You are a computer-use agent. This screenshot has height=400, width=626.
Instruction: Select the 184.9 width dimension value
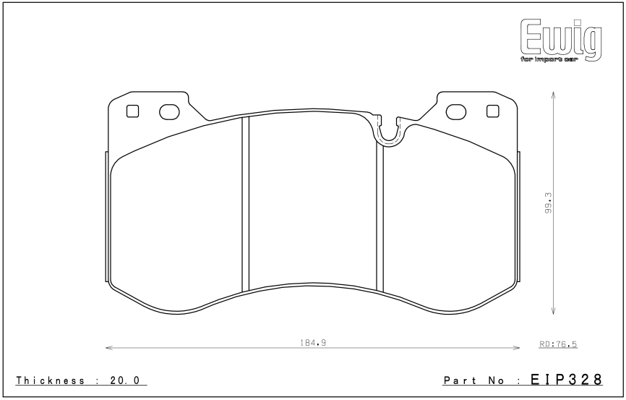pyautogui.click(x=313, y=342)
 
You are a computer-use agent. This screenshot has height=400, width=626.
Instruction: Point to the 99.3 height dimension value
pyautogui.click(x=548, y=203)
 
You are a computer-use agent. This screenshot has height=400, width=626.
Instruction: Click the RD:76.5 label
pyautogui.click(x=558, y=344)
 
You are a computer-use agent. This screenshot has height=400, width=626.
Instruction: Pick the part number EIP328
pyautogui.click(x=566, y=379)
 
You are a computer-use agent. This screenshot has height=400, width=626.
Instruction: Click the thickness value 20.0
pyautogui.click(x=124, y=380)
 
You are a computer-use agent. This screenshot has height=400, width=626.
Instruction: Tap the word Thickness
pyautogui.click(x=51, y=380)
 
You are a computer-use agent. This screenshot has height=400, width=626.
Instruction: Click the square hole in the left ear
pyautogui.click(x=132, y=111)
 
